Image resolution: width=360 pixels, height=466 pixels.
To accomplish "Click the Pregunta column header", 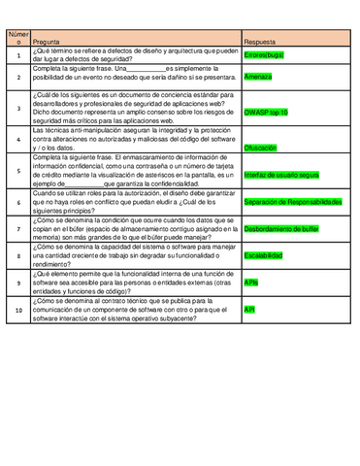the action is tap(48, 43).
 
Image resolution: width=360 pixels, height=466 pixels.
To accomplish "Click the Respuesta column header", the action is tap(259, 43).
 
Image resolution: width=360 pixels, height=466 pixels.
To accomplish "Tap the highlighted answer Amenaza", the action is tap(258, 76).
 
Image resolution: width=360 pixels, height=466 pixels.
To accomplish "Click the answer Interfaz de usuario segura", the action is tap(281, 175).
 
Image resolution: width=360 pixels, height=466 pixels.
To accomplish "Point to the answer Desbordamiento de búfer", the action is tap(280, 229).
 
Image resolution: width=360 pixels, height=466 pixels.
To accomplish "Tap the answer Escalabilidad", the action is tap(263, 255).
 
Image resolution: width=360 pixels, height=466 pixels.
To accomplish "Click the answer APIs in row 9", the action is tap(251, 282).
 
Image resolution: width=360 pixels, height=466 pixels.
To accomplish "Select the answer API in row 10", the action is tap(249, 309).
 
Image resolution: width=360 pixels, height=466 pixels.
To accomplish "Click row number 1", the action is tap(17, 56).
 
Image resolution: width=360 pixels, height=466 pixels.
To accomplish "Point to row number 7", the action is tap(17, 229).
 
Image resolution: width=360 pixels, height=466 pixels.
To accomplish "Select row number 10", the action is tap(17, 310).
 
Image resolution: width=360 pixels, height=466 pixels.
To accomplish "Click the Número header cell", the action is tap(17, 38).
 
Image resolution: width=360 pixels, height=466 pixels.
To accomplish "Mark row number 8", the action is tap(17, 255).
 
